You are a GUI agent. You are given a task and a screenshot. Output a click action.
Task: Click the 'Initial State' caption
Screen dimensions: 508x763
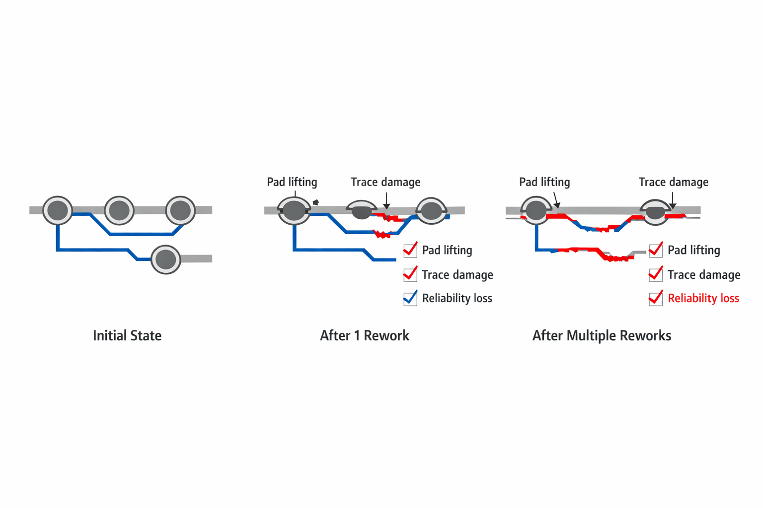pyautogui.click(x=127, y=336)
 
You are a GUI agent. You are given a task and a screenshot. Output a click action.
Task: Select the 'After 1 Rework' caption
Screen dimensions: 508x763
pyautogui.click(x=364, y=336)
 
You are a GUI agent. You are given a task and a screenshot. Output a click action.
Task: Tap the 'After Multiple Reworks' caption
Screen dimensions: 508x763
pyautogui.click(x=602, y=336)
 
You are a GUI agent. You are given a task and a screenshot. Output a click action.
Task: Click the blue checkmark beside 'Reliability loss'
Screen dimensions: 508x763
pyautogui.click(x=410, y=298)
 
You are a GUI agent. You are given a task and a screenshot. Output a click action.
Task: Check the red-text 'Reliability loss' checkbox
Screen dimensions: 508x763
pyautogui.click(x=656, y=298)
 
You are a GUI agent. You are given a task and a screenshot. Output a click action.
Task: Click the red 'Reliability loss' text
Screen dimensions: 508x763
pyautogui.click(x=703, y=298)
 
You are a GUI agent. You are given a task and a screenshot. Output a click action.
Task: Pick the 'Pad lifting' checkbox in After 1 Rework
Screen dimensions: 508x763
pyautogui.click(x=410, y=250)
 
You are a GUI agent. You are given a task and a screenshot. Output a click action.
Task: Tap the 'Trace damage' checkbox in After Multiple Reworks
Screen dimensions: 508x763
pyautogui.click(x=656, y=274)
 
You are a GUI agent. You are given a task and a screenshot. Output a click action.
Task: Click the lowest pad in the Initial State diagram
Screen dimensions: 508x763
pyautogui.click(x=166, y=259)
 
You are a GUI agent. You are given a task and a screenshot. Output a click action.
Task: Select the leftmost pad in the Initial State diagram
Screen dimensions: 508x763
pyautogui.click(x=58, y=210)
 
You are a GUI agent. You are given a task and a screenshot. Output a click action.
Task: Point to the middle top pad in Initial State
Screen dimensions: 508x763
pyautogui.click(x=119, y=210)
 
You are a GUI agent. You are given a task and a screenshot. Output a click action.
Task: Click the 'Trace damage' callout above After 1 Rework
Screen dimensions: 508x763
pyautogui.click(x=385, y=182)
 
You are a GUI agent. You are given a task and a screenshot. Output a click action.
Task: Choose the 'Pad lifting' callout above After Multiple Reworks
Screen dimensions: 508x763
pyautogui.click(x=544, y=182)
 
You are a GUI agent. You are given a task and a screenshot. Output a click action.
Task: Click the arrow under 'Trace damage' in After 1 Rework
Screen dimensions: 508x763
pyautogui.click(x=386, y=201)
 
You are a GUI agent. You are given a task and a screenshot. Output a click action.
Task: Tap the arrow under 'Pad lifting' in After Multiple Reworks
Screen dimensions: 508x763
pyautogui.click(x=556, y=200)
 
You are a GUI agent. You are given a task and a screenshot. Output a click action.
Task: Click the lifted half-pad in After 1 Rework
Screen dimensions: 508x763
pyautogui.click(x=361, y=209)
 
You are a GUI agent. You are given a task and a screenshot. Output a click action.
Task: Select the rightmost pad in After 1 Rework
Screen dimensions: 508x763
pyautogui.click(x=431, y=211)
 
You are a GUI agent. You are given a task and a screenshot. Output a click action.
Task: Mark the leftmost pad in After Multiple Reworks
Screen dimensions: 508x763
pyautogui.click(x=536, y=210)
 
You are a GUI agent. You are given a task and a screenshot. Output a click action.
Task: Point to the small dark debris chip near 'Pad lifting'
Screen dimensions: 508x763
pyautogui.click(x=315, y=202)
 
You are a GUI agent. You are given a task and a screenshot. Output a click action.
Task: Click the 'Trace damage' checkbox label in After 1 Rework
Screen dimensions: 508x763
pyautogui.click(x=458, y=275)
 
